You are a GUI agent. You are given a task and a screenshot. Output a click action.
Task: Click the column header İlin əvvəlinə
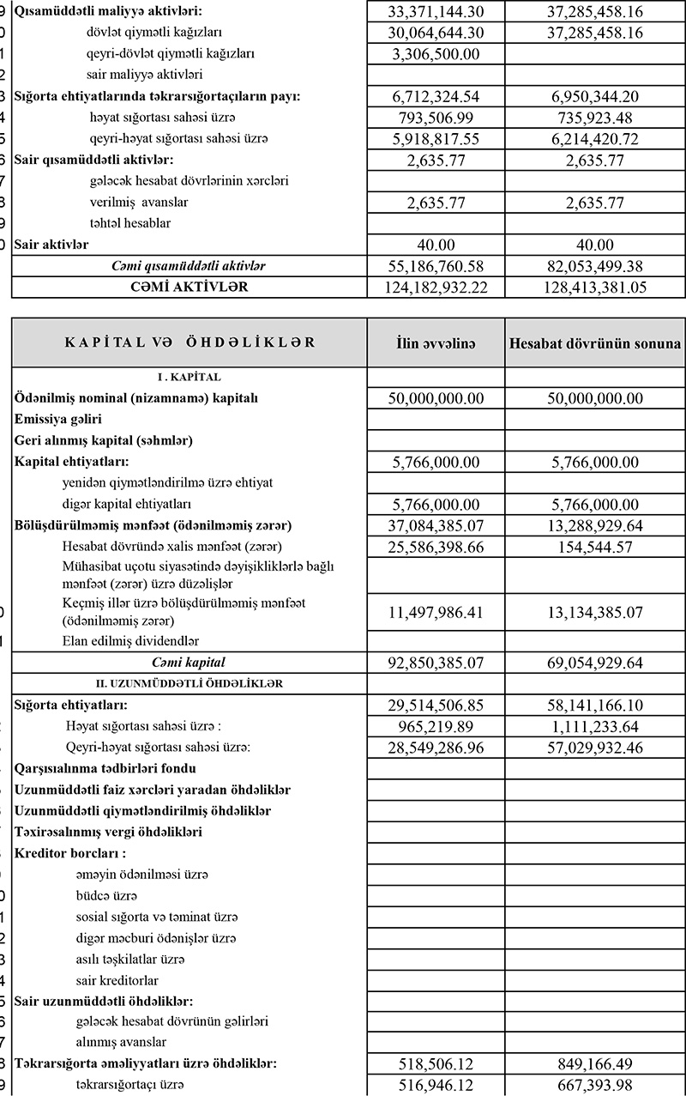[436, 343]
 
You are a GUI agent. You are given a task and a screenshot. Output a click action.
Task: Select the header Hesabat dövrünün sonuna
[595, 343]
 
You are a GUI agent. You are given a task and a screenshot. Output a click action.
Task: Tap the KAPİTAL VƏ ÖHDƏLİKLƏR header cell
[190, 342]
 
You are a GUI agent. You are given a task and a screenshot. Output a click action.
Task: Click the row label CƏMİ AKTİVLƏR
[189, 287]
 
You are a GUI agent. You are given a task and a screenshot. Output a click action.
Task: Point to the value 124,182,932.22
[436, 287]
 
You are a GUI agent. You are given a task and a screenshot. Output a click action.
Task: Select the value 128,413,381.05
[595, 287]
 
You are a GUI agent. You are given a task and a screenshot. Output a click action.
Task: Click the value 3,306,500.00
[436, 53]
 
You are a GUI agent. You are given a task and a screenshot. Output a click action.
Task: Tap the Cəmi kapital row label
[190, 662]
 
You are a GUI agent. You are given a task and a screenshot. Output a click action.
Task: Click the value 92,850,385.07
[436, 662]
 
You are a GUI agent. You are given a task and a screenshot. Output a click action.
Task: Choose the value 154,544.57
[595, 546]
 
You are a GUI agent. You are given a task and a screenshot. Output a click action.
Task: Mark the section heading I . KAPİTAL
[190, 377]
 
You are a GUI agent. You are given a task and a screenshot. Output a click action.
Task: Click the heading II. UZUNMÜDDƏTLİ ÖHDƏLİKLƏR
[190, 683]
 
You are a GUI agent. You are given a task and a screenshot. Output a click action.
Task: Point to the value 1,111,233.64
[595, 726]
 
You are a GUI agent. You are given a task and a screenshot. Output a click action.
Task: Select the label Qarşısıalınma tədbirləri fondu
[105, 768]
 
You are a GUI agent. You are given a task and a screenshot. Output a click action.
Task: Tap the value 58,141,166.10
[595, 705]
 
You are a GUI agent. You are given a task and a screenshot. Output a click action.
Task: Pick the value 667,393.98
[595, 1085]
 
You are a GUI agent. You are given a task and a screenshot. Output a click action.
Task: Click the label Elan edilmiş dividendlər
[125, 640]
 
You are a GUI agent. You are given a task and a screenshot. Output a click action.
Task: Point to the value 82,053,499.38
[595, 265]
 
